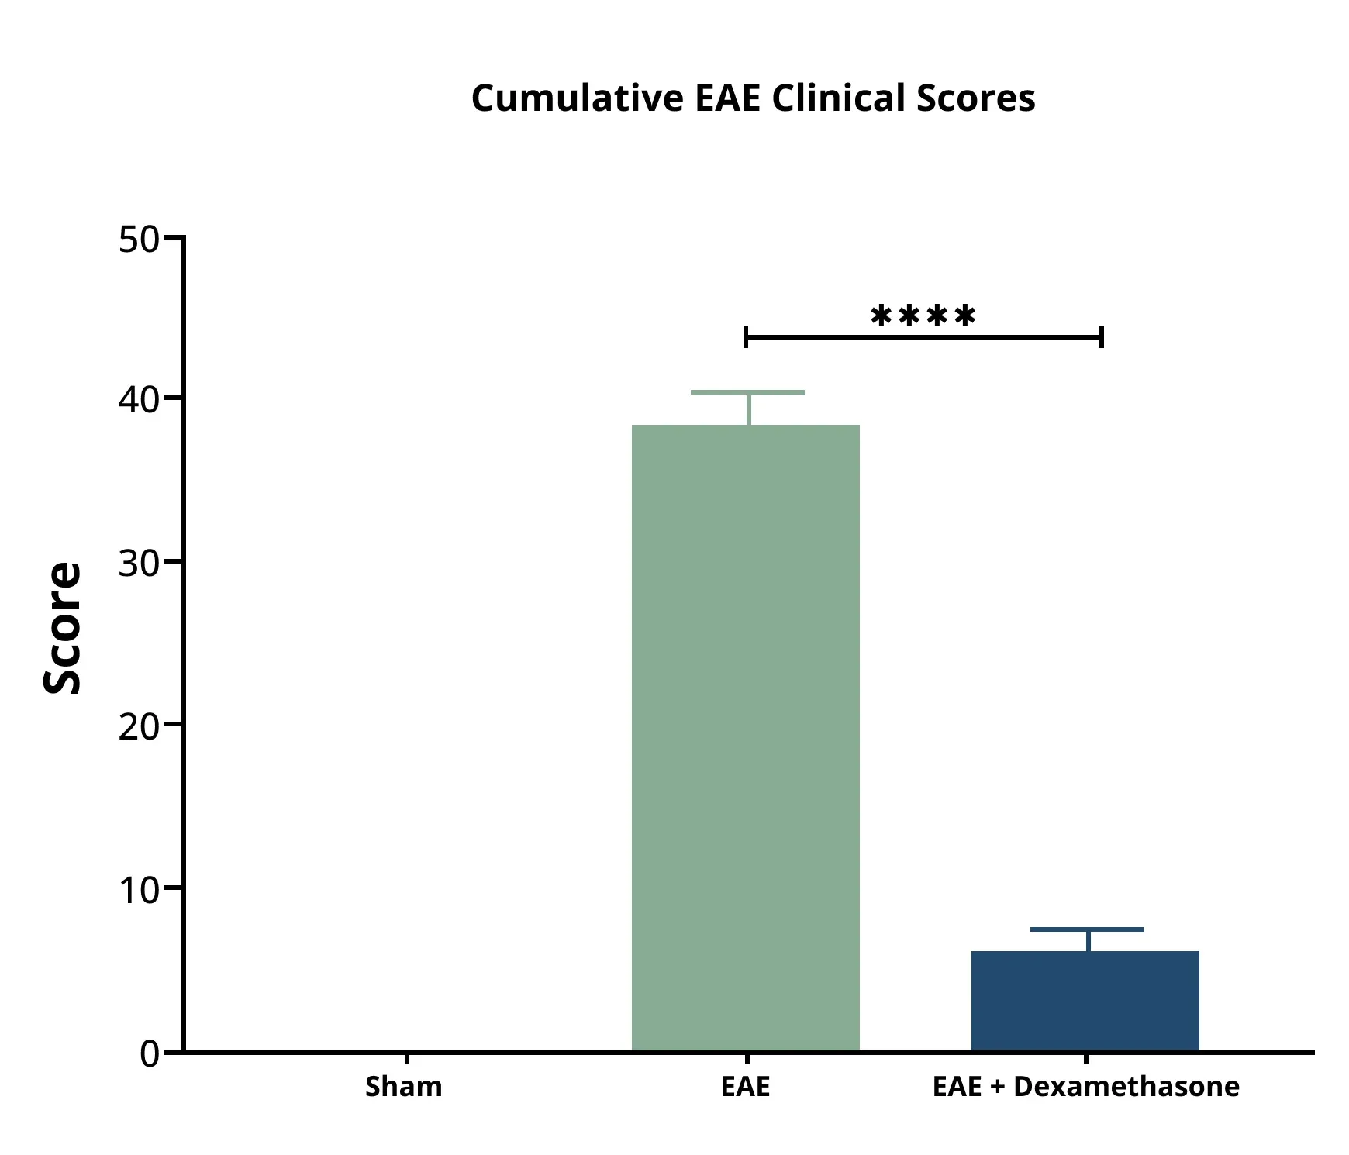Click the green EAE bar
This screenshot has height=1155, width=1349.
[x=746, y=736]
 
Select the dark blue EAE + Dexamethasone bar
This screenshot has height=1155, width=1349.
[x=1085, y=1000]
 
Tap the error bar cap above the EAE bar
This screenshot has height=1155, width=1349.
[x=747, y=392]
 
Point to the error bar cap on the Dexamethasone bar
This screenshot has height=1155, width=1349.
[x=1087, y=929]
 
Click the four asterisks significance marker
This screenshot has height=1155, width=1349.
[x=923, y=316]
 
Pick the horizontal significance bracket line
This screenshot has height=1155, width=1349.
[x=923, y=337]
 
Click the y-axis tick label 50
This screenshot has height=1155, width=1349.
[x=139, y=240]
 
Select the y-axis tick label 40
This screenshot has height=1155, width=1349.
[x=139, y=400]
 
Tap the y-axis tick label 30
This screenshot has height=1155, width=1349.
[x=139, y=564]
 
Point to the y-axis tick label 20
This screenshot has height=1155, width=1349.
[x=139, y=726]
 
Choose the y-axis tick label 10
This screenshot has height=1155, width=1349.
[x=139, y=890]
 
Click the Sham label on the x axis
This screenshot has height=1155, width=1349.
[x=404, y=1087]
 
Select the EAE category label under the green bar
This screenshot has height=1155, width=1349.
[x=745, y=1087]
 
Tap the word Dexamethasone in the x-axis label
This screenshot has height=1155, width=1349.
[x=1126, y=1087]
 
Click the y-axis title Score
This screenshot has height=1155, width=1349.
[x=62, y=628]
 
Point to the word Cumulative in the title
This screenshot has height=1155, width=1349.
[x=578, y=98]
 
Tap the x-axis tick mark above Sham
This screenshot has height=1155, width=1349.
[x=407, y=1058]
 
